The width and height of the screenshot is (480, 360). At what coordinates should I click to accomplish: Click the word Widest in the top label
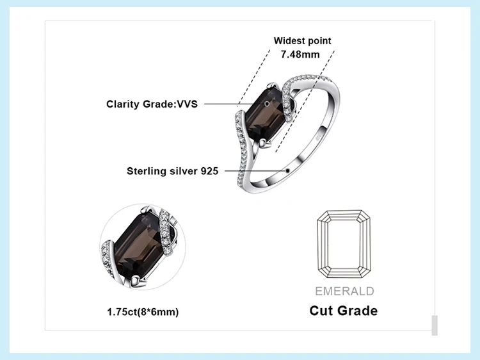click(289, 41)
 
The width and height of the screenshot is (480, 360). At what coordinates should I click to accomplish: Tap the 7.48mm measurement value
click(300, 54)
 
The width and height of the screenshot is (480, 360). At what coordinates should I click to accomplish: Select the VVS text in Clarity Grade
click(185, 104)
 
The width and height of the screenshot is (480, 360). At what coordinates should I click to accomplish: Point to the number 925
click(209, 171)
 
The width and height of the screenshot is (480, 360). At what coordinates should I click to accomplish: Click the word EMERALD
click(344, 291)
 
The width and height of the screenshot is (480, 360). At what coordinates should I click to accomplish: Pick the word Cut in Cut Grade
click(323, 311)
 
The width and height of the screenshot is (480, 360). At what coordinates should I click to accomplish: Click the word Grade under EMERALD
click(358, 311)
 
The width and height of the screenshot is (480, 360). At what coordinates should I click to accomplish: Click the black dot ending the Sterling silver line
click(289, 170)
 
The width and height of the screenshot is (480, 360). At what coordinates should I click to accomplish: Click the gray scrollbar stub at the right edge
click(435, 325)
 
